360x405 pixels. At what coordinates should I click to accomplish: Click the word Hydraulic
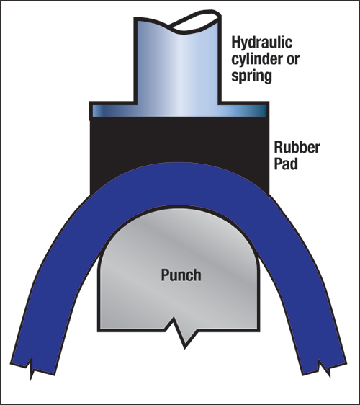(x=261, y=43)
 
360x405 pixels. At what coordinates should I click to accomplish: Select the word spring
(x=251, y=76)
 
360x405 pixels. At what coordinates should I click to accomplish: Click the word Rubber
(x=297, y=148)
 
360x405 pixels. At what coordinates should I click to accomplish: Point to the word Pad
(x=286, y=164)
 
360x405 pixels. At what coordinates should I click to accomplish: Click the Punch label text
(x=181, y=275)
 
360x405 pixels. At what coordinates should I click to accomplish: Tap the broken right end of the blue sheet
(x=325, y=367)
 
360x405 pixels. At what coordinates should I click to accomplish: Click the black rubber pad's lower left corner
(x=91, y=195)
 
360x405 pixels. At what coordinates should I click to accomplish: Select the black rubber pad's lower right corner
(x=269, y=195)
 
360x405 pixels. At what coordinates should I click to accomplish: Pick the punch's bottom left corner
(x=98, y=331)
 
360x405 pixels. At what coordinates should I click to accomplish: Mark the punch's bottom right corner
(x=258, y=330)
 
